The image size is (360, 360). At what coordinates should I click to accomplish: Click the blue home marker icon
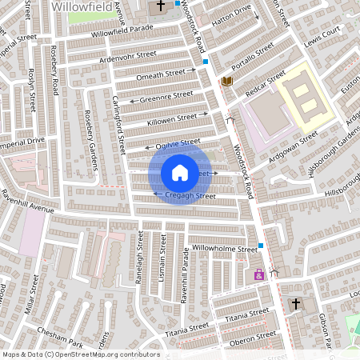click(x=180, y=172)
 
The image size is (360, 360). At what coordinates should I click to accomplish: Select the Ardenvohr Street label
click(x=128, y=57)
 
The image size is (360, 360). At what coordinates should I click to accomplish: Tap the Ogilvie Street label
click(x=178, y=143)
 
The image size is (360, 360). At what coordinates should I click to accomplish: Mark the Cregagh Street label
click(x=190, y=195)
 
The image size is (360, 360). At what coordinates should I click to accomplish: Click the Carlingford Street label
click(x=118, y=126)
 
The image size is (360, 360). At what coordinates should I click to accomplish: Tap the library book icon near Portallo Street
click(x=227, y=82)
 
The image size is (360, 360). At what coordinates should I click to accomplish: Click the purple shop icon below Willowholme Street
click(x=258, y=274)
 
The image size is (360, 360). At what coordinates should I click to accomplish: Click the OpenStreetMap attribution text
click(x=70, y=354)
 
